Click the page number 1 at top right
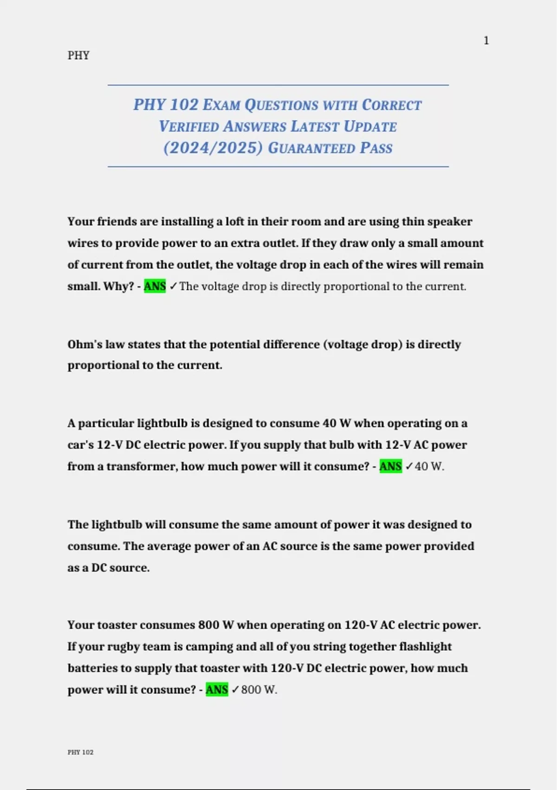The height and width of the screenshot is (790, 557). (486, 41)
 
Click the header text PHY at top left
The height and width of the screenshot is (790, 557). (78, 55)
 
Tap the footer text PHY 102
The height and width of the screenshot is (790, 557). (80, 752)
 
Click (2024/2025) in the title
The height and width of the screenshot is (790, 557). (213, 148)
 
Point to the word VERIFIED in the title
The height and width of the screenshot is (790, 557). (189, 126)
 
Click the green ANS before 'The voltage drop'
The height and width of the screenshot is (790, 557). (155, 286)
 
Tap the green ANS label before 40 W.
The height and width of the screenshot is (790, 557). (390, 466)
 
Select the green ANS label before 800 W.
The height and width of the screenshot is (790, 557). (217, 690)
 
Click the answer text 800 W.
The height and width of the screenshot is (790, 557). (259, 690)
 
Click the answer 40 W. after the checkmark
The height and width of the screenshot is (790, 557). (429, 466)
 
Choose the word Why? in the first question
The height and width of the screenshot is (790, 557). (118, 286)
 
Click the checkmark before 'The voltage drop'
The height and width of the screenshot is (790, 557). (173, 286)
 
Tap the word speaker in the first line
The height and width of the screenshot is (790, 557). (449, 222)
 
